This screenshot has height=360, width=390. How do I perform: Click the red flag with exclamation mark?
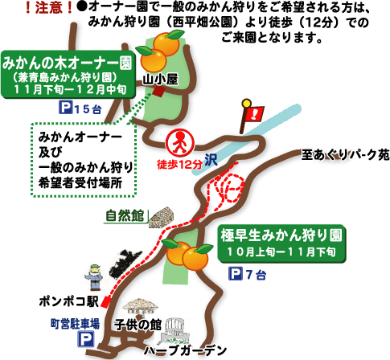point(252,116)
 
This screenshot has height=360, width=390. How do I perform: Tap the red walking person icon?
point(180,142)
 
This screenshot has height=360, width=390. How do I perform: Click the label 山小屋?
point(160,80)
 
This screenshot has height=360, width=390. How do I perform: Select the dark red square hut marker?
point(158,92)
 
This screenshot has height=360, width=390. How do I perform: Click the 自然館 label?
point(125,215)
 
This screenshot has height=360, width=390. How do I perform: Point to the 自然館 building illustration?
point(162,218)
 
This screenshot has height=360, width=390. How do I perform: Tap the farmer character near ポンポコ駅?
point(94,277)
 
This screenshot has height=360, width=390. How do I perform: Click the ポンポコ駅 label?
point(69,301)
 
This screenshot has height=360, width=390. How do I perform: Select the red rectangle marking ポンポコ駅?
point(106,302)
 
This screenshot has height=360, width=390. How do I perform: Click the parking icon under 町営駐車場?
point(86,339)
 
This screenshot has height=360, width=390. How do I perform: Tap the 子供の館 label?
point(138,325)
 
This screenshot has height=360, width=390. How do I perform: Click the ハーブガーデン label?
point(186,350)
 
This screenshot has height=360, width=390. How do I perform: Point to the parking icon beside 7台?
point(236,274)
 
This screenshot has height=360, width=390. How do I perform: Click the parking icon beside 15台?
point(66,108)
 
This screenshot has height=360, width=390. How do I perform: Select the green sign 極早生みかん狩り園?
point(281,243)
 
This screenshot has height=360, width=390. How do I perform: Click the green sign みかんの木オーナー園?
point(68,75)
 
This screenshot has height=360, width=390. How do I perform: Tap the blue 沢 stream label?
point(211,160)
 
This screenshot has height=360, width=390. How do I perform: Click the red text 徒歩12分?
point(180,165)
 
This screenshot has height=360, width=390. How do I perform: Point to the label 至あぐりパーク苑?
point(345,154)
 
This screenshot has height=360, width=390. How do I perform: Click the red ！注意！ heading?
point(49,8)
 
